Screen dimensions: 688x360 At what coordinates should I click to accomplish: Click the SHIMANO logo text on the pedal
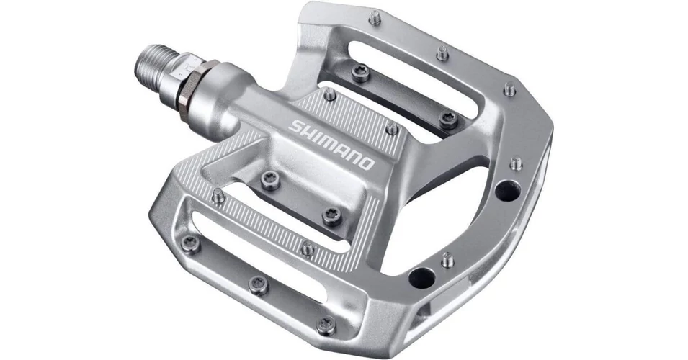[331, 144]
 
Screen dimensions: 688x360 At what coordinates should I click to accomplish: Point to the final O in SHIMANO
[367, 163]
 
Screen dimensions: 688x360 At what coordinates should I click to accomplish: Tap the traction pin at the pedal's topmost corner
[375, 18]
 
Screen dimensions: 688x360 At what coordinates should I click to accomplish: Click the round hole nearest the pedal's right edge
[508, 190]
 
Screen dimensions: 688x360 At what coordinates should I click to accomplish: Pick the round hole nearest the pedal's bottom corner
[421, 278]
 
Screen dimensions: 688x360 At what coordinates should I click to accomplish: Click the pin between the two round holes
[447, 260]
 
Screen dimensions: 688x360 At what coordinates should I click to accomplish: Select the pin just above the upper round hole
[516, 163]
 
